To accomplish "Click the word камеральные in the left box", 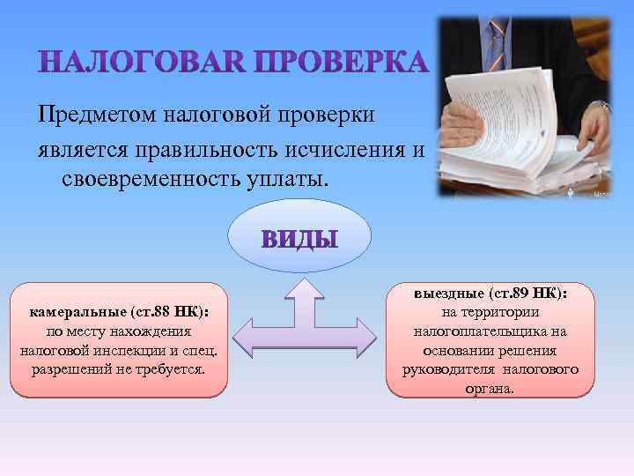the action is pos(78,313).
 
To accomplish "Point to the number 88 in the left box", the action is pos(159,313).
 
